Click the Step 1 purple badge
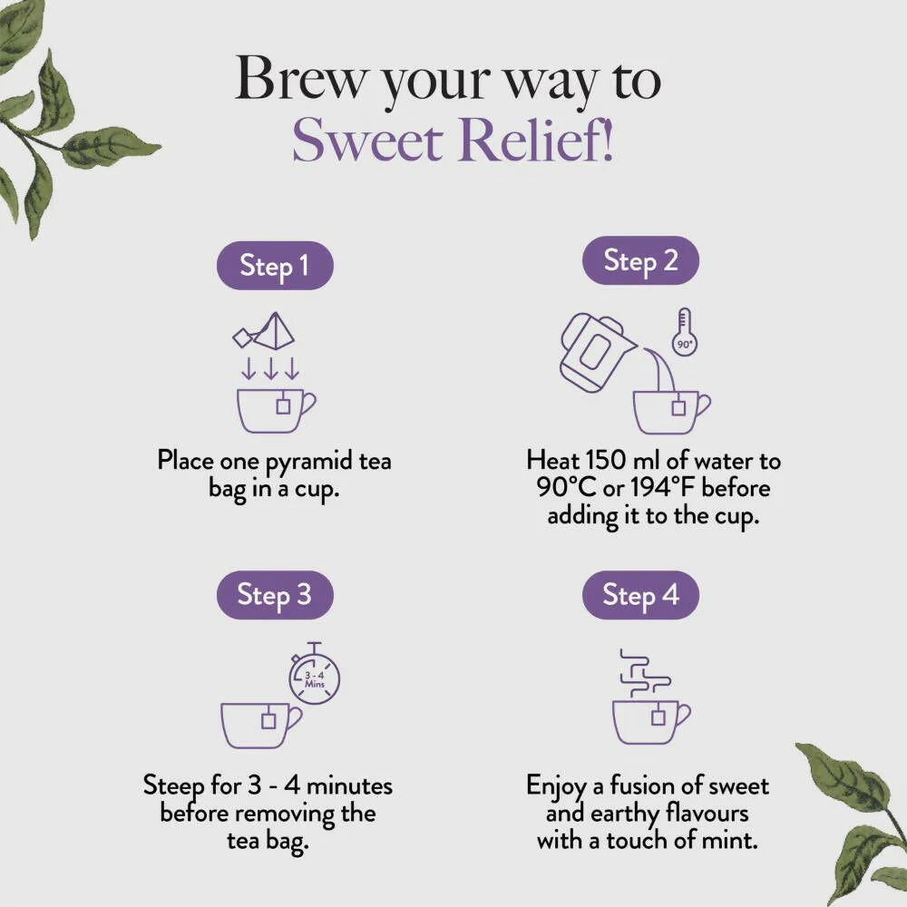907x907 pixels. click(274, 266)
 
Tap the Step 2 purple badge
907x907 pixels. click(640, 261)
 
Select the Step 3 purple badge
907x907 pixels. click(274, 595)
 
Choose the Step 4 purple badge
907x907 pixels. click(640, 595)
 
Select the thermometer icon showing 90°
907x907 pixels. click(685, 332)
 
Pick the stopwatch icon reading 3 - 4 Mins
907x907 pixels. click(314, 675)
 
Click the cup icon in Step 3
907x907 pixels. click(260, 724)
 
